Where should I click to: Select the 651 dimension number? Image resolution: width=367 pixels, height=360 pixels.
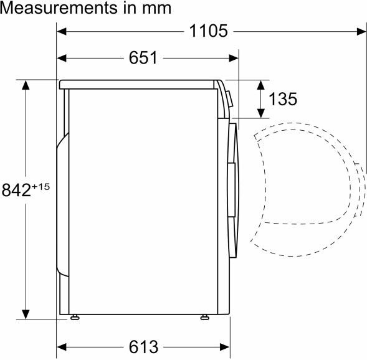[143, 58]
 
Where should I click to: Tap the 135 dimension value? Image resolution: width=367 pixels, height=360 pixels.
[283, 98]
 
